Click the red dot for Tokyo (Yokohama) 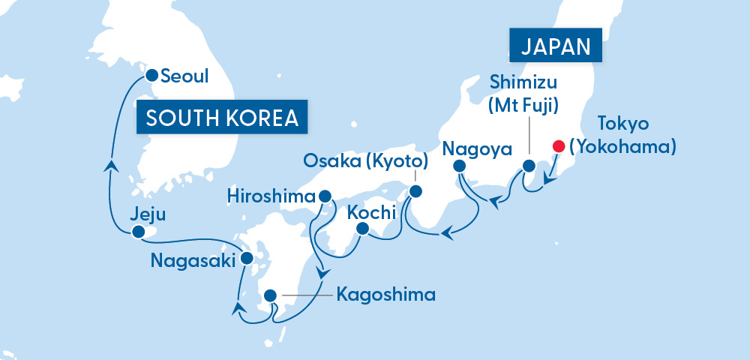pos(557,146)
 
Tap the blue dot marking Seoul pos(151,75)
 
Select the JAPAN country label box pos(556,46)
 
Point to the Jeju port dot pos(137,233)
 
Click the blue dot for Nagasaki pos(247,259)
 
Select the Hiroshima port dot pos(325,196)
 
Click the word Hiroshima pos(272,196)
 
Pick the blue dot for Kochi pos(363,228)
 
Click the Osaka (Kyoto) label pos(366,161)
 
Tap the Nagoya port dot pos(460,166)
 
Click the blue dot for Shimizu pos(529,166)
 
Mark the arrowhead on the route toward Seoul pos(111,165)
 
